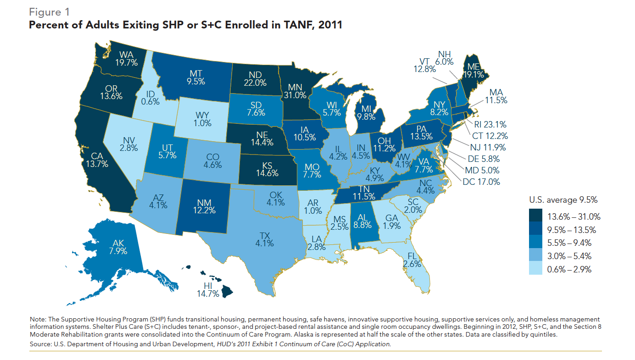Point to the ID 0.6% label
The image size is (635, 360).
pos(150,97)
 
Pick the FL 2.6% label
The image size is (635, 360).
pos(412,260)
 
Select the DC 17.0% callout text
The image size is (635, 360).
pos(481,182)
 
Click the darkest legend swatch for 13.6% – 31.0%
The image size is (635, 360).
pos(535,216)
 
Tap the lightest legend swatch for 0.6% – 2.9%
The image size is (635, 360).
pos(535,269)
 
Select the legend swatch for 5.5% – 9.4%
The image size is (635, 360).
pos(535,243)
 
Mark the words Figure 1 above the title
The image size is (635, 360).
pos(49,11)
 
